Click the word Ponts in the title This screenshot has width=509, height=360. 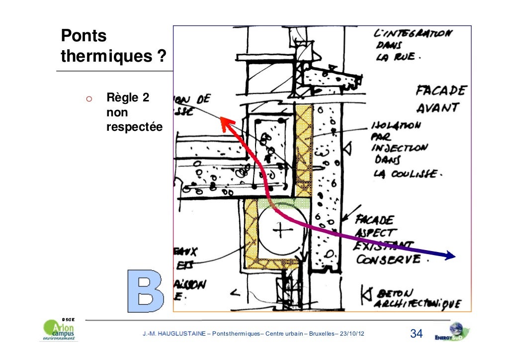coord(84,36)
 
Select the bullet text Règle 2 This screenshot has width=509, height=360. coord(128,98)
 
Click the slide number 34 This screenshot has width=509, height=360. coord(416,334)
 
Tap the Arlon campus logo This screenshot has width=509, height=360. coord(59,331)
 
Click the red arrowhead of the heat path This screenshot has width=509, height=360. coord(227,123)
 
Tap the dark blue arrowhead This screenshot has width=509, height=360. coord(450,256)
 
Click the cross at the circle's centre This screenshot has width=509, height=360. coord(283,230)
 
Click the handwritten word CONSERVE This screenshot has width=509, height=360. coord(389,260)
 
